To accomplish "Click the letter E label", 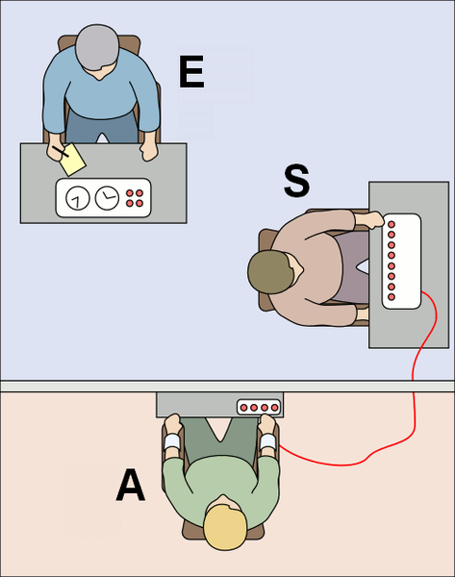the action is pyautogui.click(x=191, y=72).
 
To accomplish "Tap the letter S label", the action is pyautogui.click(x=296, y=181).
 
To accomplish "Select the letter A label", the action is pyautogui.click(x=131, y=485).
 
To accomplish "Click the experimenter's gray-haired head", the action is pyautogui.click(x=97, y=48).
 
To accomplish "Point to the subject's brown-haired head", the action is pyautogui.click(x=271, y=272).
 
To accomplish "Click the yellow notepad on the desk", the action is pyautogui.click(x=73, y=160).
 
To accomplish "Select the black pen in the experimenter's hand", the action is pyautogui.click(x=61, y=151).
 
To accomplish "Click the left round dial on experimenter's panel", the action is pyautogui.click(x=78, y=198).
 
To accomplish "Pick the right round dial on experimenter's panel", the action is pyautogui.click(x=107, y=197).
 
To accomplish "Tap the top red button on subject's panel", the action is pyautogui.click(x=392, y=224).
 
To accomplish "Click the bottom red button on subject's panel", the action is pyautogui.click(x=392, y=296).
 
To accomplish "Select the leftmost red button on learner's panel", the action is pyautogui.click(x=243, y=408).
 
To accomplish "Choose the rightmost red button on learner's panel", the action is pyautogui.click(x=274, y=408).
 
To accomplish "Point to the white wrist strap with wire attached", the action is pyautogui.click(x=267, y=441).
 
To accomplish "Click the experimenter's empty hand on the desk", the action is pyautogui.click(x=149, y=151).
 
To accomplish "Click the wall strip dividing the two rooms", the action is pyautogui.click(x=227, y=386).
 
